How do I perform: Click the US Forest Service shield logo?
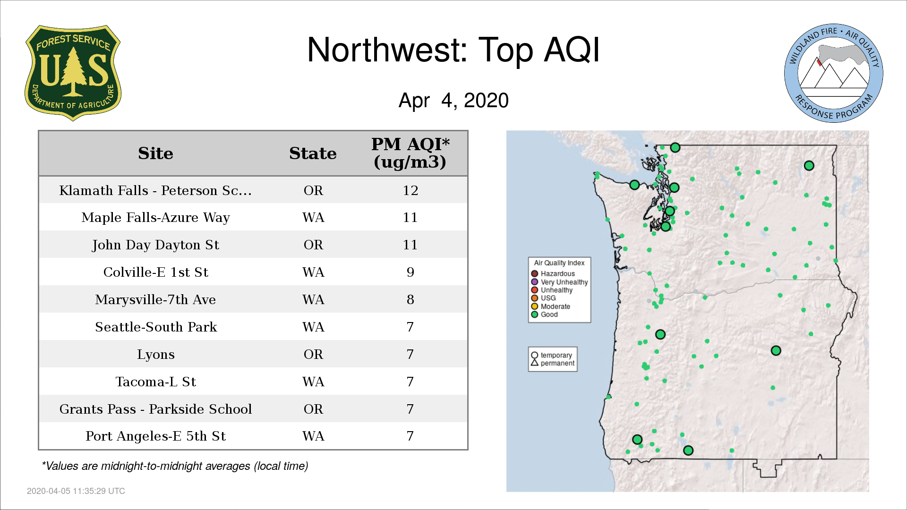coord(73,73)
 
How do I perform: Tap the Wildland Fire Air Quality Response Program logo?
coord(834,73)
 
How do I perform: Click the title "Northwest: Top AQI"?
coord(453,50)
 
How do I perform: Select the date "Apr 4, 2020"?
coord(453,101)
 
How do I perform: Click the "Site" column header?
coord(155,153)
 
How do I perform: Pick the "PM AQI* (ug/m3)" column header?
coord(410,153)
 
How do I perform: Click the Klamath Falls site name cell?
coord(155,190)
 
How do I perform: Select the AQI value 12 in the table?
coord(410,190)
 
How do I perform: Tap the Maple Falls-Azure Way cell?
coord(155,218)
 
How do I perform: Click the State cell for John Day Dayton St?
coord(313,245)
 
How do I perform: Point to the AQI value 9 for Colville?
coord(410,272)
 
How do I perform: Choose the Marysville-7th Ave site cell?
coord(155,300)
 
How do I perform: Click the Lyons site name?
coord(155,355)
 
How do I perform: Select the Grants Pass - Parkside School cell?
coord(155,409)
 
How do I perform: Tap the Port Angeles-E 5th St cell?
coord(155,436)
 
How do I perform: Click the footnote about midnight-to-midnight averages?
coord(175,466)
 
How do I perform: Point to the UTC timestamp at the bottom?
coord(76,491)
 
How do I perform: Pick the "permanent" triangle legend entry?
coord(552,363)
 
